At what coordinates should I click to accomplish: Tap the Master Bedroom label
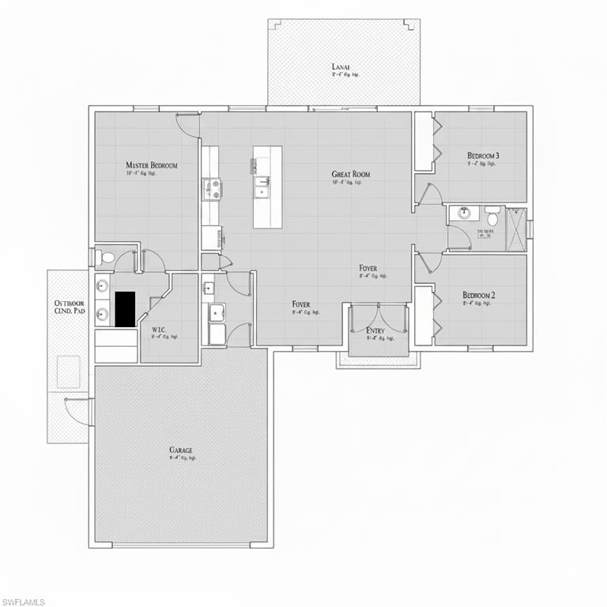click(x=152, y=165)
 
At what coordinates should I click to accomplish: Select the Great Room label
click(x=351, y=174)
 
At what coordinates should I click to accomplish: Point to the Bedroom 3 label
click(x=482, y=156)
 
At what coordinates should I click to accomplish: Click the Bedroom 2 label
click(x=479, y=296)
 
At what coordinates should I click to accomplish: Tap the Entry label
click(x=375, y=330)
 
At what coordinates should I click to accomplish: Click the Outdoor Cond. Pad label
click(x=69, y=307)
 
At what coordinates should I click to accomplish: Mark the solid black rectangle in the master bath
click(x=125, y=308)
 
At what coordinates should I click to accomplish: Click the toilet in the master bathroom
click(x=107, y=257)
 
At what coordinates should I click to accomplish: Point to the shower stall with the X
click(x=516, y=228)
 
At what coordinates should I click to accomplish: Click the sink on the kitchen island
click(x=261, y=188)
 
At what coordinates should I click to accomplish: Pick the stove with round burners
click(x=212, y=189)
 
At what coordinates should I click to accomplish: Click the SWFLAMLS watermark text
click(x=23, y=601)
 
